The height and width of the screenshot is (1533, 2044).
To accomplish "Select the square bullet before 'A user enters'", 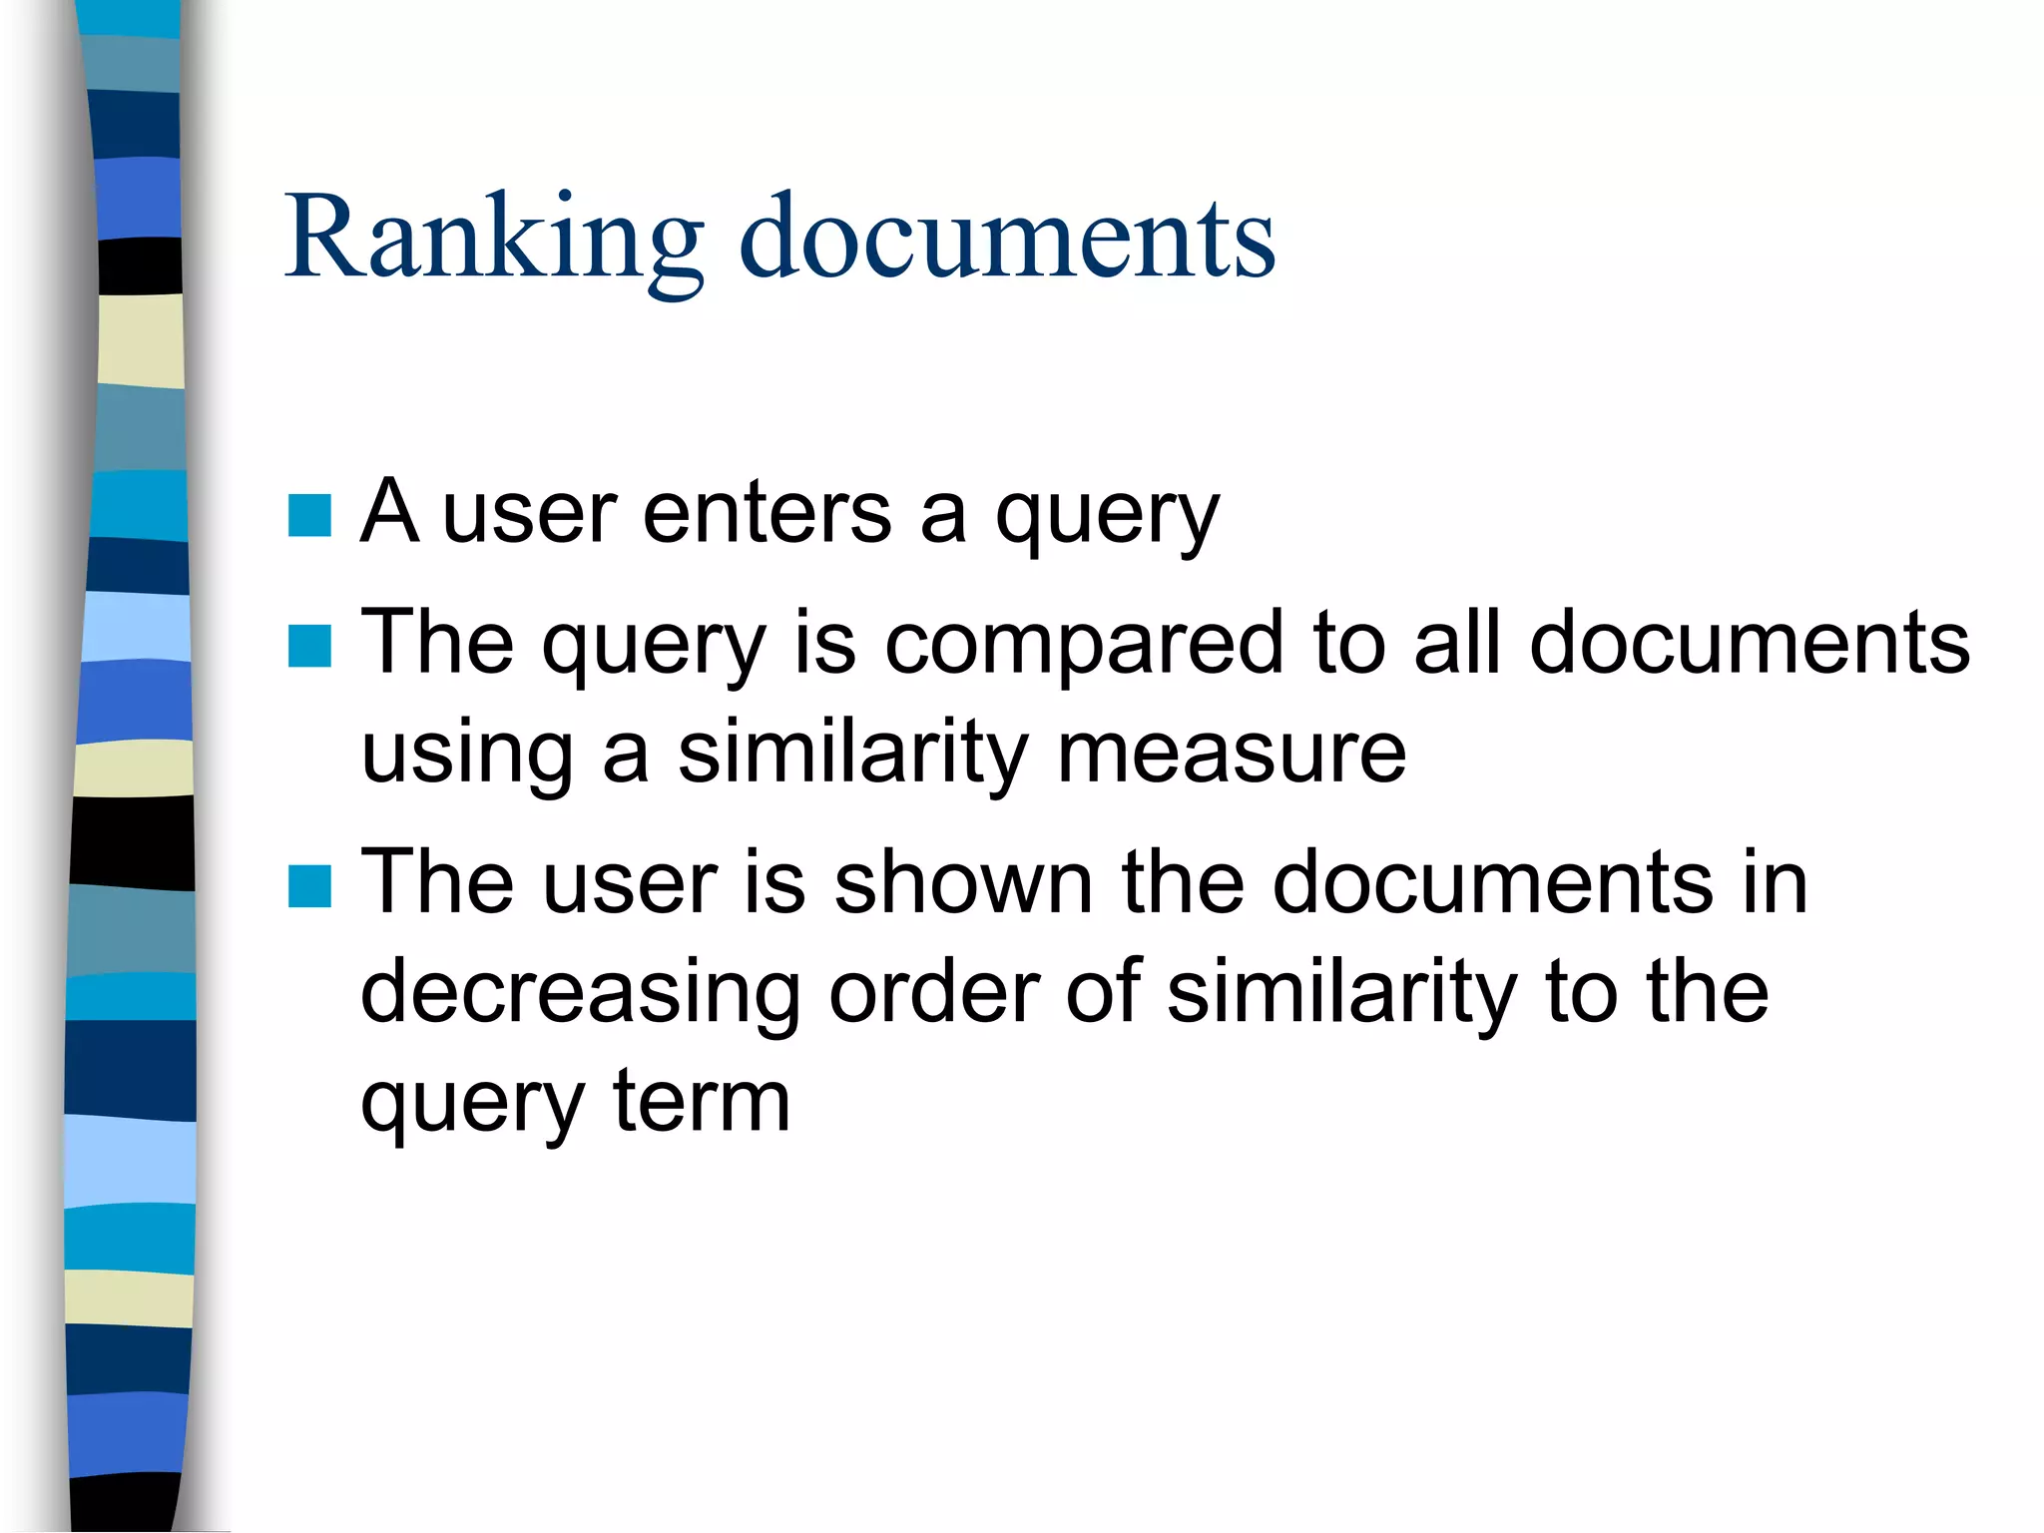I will [x=309, y=516].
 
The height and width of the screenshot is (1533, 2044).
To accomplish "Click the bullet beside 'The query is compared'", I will [x=309, y=646].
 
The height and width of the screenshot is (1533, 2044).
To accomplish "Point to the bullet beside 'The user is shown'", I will [x=309, y=886].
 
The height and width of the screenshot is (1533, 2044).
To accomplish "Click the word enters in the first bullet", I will [x=766, y=513].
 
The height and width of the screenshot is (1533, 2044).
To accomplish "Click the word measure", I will [x=1232, y=753].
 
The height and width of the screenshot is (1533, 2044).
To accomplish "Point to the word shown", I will [x=963, y=882].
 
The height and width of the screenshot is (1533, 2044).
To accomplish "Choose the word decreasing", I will [x=580, y=994].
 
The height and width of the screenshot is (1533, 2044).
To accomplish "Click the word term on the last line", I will [x=702, y=1102].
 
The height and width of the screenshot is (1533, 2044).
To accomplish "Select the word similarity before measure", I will [x=852, y=753].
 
